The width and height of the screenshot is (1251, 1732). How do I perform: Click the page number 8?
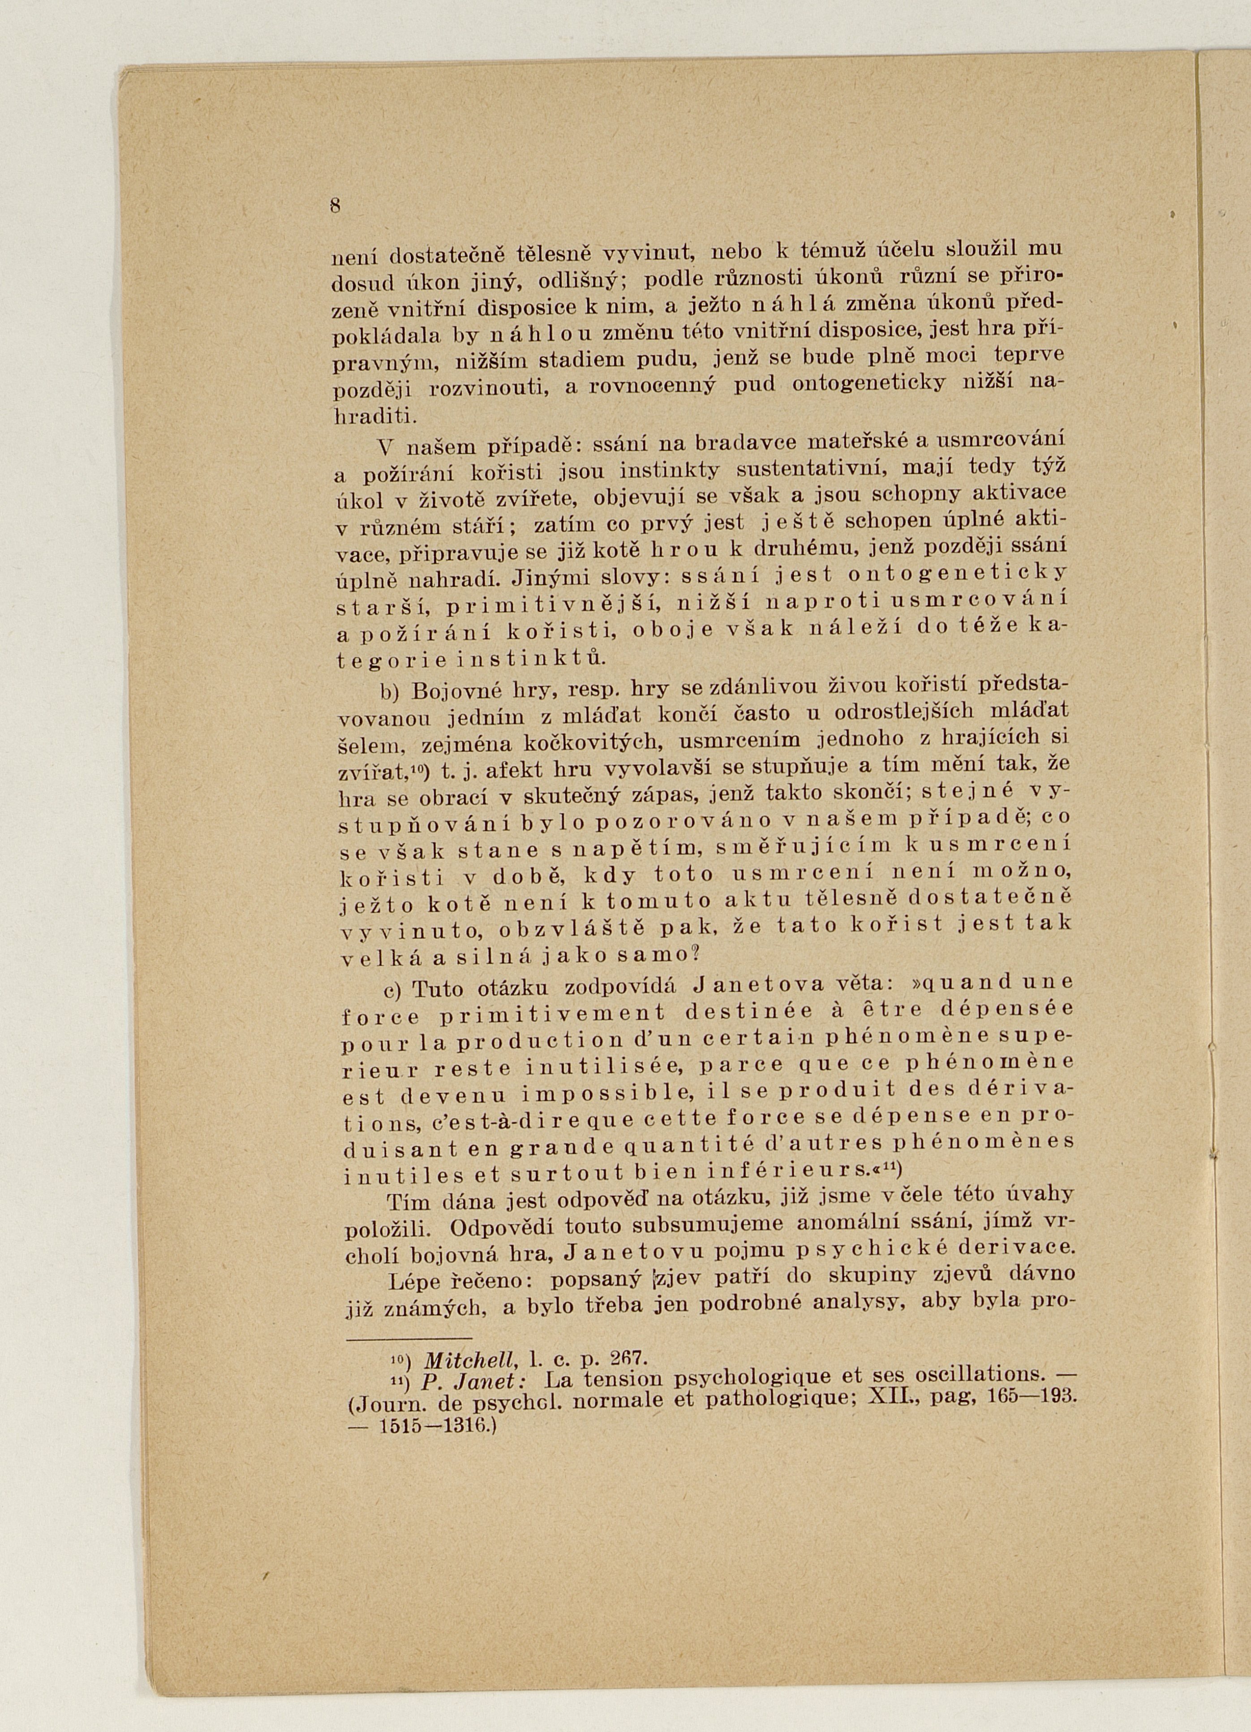[x=335, y=206]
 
